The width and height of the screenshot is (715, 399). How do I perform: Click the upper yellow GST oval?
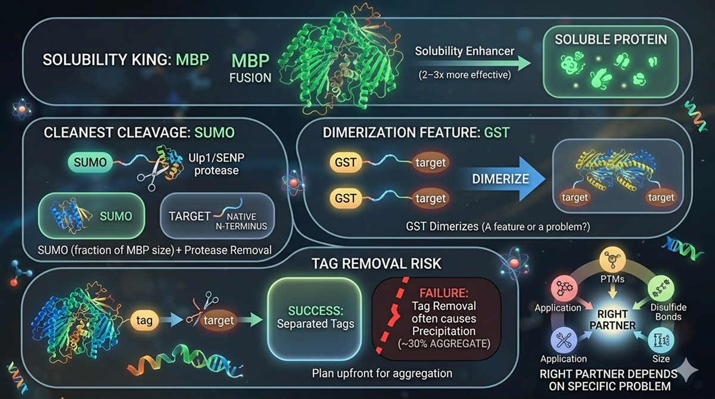pos(347,161)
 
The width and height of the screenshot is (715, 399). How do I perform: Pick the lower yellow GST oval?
pos(347,198)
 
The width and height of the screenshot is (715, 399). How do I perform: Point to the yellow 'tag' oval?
pos(144,320)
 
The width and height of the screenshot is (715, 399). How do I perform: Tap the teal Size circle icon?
pos(661,339)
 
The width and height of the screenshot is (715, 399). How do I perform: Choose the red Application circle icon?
pos(563,289)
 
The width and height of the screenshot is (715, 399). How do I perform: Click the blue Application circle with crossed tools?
pos(563,341)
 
